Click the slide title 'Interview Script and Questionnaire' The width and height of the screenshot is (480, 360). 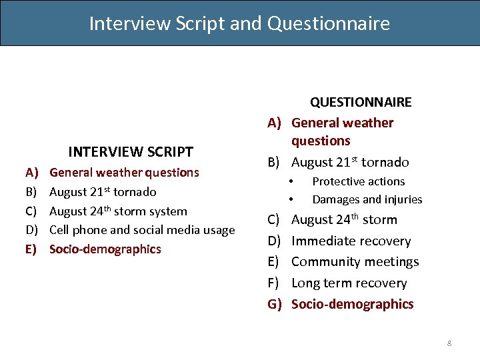239,23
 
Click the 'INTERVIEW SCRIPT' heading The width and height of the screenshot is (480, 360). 131,152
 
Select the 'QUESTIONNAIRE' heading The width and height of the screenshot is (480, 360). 361,102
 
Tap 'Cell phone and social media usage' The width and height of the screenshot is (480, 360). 142,230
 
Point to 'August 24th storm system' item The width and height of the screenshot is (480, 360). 118,211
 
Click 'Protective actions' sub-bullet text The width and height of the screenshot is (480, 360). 358,181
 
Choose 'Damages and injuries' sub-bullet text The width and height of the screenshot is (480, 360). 367,199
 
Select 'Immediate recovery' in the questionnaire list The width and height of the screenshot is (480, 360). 351,241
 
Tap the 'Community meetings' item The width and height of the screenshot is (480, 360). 355,262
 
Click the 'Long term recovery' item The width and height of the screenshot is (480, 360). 349,283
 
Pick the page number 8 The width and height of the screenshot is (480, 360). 449,343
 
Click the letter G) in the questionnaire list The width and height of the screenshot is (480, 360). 275,304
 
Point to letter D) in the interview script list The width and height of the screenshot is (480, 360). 31,230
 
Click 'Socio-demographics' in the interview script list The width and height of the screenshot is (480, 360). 105,249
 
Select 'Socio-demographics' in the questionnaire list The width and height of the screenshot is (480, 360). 352,304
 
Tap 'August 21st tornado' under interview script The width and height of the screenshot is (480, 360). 103,192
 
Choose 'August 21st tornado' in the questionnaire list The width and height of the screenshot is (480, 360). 350,162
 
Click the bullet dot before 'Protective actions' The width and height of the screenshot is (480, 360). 291,181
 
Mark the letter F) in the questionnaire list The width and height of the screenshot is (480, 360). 274,283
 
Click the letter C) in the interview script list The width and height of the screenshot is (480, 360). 31,211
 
